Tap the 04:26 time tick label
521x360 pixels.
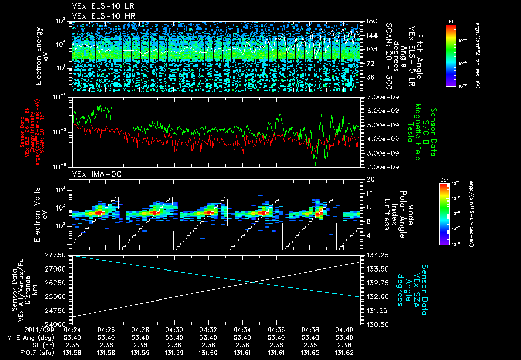tap(106, 329)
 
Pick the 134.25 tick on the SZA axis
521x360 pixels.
tap(376, 255)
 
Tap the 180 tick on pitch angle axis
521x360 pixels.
tap(371, 21)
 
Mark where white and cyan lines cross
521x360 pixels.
tap(253, 282)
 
